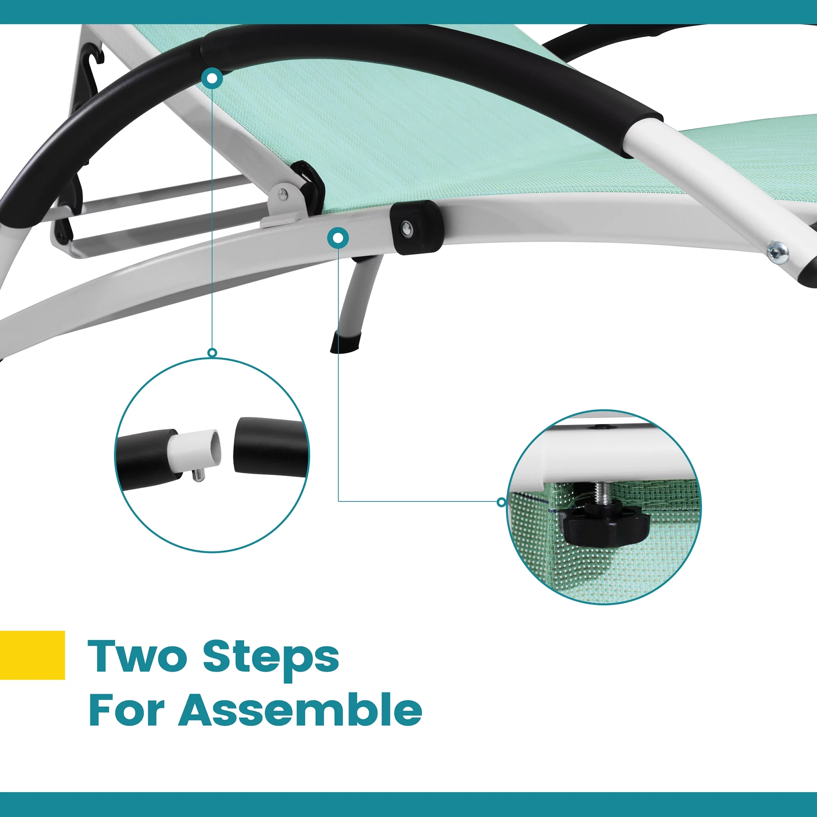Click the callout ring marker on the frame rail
(338, 239)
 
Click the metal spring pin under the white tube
(197, 476)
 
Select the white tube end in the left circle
(197, 452)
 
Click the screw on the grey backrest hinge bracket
(283, 194)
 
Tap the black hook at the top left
(93, 59)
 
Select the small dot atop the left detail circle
(213, 353)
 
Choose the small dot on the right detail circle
(501, 502)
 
